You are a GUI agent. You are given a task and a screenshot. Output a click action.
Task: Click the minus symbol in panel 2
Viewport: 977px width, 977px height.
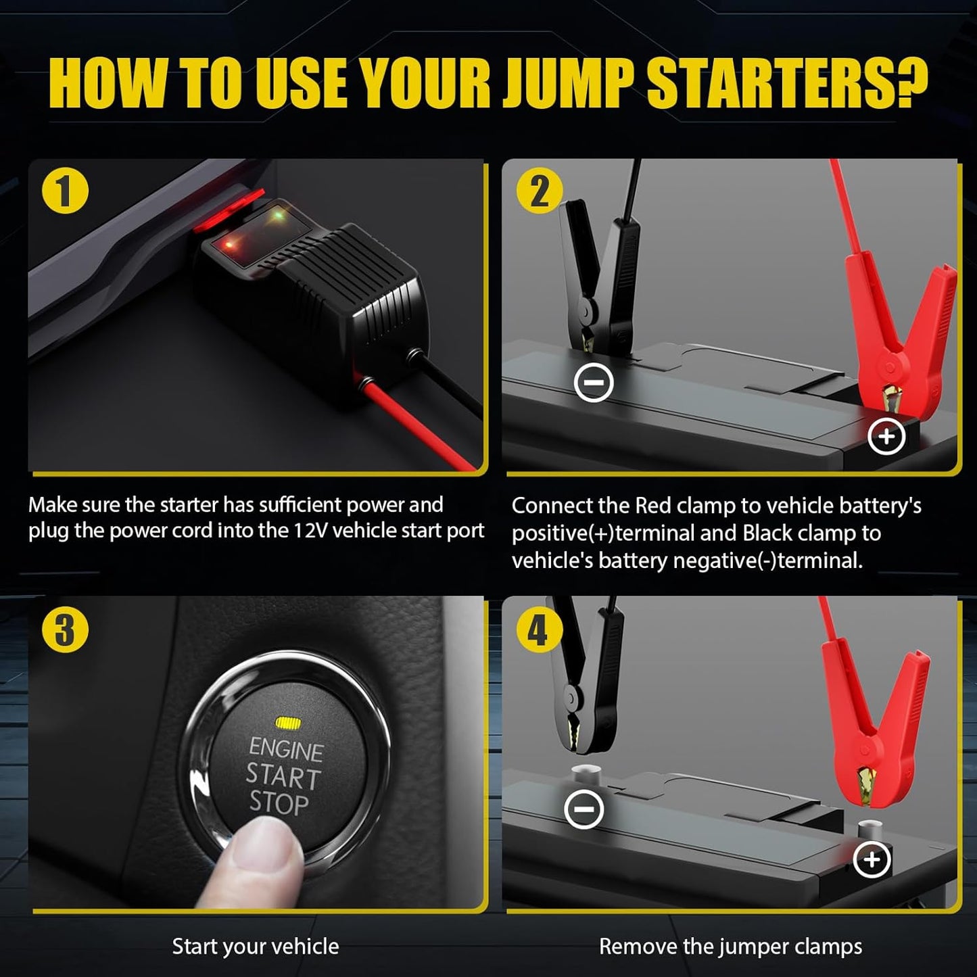593,383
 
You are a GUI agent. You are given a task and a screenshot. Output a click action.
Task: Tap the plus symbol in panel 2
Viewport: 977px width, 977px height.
886,437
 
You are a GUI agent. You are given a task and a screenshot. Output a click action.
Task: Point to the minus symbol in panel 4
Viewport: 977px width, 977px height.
583,809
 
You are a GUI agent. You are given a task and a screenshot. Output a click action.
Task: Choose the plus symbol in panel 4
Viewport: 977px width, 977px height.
872,859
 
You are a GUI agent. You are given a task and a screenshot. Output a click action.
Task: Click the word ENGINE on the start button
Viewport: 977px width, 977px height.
286,748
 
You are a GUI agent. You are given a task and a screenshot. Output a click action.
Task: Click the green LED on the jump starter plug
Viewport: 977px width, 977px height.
277,216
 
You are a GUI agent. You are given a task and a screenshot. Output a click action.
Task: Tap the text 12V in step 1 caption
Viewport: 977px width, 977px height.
311,531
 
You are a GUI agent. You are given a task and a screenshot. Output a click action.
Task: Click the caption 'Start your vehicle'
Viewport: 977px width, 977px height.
256,946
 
